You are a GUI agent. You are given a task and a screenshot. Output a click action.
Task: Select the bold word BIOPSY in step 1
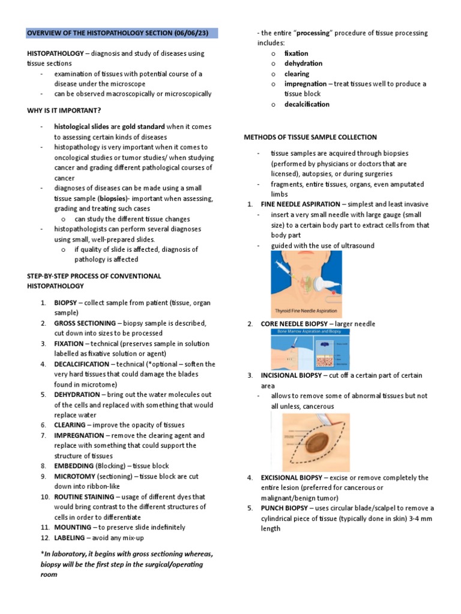(65, 303)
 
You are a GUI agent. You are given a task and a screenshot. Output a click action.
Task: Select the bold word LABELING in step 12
(70, 537)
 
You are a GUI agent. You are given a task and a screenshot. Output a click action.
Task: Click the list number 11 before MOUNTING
(44, 527)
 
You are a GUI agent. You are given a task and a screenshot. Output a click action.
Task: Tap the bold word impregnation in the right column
(305, 84)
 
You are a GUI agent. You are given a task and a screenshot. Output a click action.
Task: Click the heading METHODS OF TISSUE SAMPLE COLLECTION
(310, 137)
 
